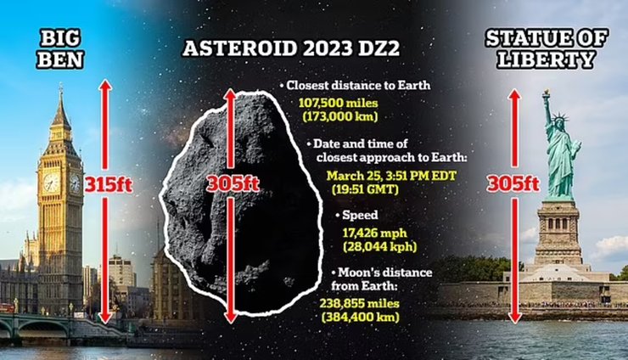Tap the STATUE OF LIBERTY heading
coord(557,48)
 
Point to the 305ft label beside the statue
coord(513,182)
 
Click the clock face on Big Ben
coord(52,183)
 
